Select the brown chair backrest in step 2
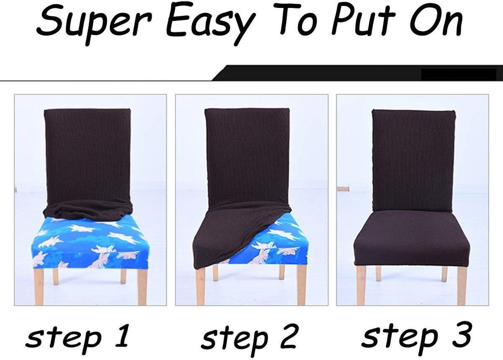(x=247, y=157)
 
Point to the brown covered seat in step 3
(x=411, y=238)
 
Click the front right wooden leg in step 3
(x=461, y=285)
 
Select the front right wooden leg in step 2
(x=301, y=284)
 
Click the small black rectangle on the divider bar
(x=458, y=75)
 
